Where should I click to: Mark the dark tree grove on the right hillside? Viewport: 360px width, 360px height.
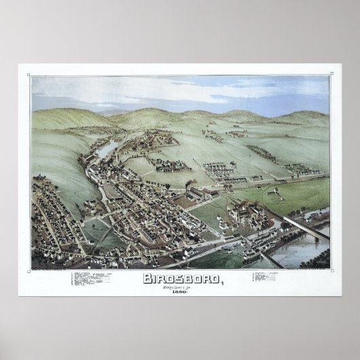coord(262,153)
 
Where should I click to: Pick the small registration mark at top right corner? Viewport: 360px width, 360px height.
coord(331,72)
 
